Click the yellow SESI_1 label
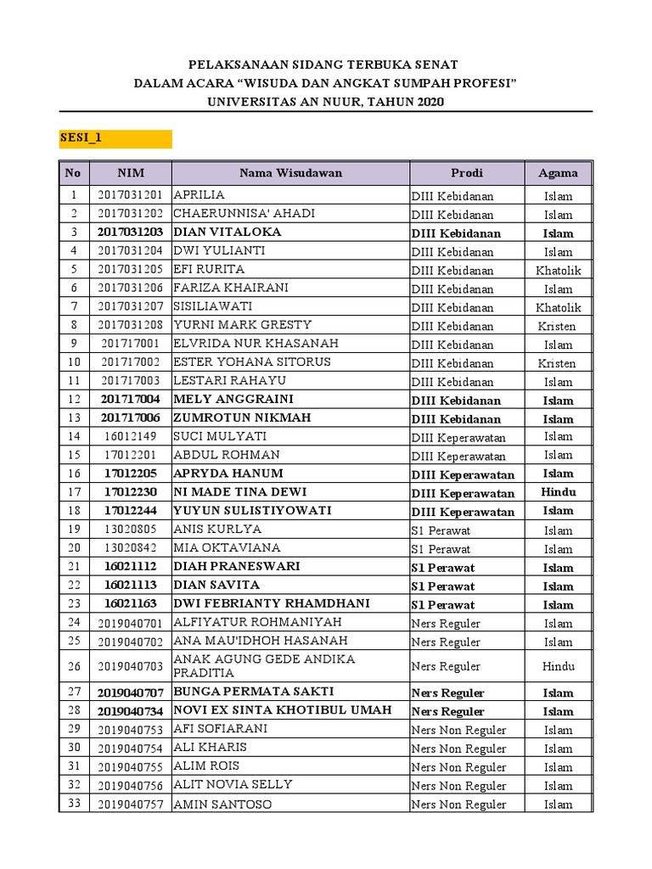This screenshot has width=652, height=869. click(x=115, y=138)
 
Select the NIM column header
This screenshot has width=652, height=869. click(x=131, y=173)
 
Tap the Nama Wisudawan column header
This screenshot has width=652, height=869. click(x=290, y=173)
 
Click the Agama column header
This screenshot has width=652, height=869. click(x=558, y=173)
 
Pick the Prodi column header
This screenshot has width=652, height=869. click(x=466, y=173)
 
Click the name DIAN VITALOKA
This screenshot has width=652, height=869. click(x=227, y=233)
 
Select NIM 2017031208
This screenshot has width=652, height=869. click(x=130, y=325)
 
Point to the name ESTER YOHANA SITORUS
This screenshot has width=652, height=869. click(x=251, y=362)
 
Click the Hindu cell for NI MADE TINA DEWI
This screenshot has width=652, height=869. click(x=558, y=492)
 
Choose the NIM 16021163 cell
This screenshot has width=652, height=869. click(x=130, y=604)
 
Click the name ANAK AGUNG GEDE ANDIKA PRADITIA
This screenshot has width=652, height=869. click(x=264, y=665)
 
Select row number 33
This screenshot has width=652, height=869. click(x=73, y=804)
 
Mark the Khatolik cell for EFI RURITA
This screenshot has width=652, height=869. click(x=558, y=270)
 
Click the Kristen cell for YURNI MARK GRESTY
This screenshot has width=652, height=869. click(x=557, y=326)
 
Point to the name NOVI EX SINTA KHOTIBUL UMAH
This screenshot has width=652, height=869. click(x=282, y=710)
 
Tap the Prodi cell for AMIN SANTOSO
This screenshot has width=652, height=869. click(x=458, y=805)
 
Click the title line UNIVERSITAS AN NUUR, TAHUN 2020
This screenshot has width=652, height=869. click(x=325, y=102)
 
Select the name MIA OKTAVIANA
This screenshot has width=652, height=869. click(x=226, y=548)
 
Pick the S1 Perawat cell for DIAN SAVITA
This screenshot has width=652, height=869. click(x=443, y=586)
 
